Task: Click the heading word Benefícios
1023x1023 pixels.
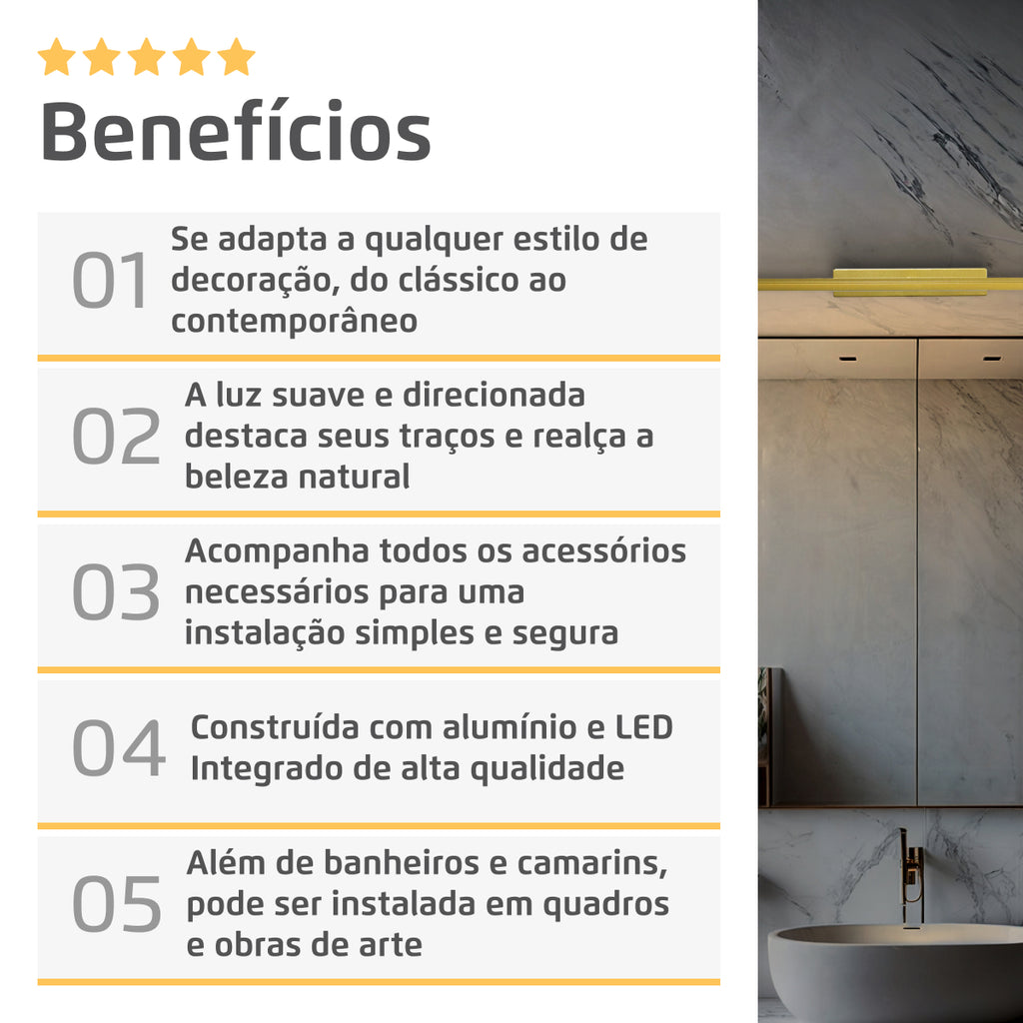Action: (236, 131)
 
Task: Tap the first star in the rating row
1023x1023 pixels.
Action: (56, 57)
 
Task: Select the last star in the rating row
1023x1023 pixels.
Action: (236, 57)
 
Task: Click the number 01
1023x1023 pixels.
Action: (110, 280)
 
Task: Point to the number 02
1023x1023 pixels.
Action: (116, 436)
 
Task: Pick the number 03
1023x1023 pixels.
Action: (116, 591)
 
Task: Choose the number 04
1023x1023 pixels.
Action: (119, 747)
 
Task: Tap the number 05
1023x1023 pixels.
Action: (117, 903)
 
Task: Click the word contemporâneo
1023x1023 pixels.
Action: (295, 321)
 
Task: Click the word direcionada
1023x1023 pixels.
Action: (494, 395)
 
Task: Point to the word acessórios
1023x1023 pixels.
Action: (604, 550)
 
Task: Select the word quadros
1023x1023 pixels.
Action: (606, 905)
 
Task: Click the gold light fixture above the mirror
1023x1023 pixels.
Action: (890, 283)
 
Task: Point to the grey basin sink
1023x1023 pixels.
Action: (895, 971)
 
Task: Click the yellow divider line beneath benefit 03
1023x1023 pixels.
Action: (379, 670)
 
